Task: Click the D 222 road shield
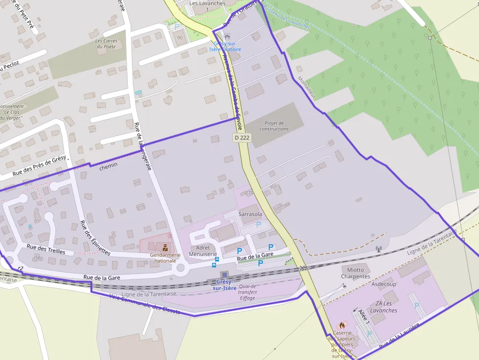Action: pos(241,138)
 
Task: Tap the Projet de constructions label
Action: pos(274,126)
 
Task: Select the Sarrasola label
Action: pos(250,214)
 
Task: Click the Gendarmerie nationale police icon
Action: pos(165,248)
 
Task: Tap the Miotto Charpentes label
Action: pos(355,273)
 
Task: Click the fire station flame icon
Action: pos(342,325)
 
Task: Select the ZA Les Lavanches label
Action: pos(383,307)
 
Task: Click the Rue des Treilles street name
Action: pos(46,249)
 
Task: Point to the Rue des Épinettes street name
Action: pos(95,238)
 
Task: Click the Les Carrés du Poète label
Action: pos(107,44)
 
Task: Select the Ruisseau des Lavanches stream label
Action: pos(286,18)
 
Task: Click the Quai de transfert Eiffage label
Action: pos(248,292)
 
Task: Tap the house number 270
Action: pos(249,193)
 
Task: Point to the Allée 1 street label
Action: pos(363,315)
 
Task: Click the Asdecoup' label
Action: pos(385,284)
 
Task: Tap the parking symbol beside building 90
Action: pos(177,27)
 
